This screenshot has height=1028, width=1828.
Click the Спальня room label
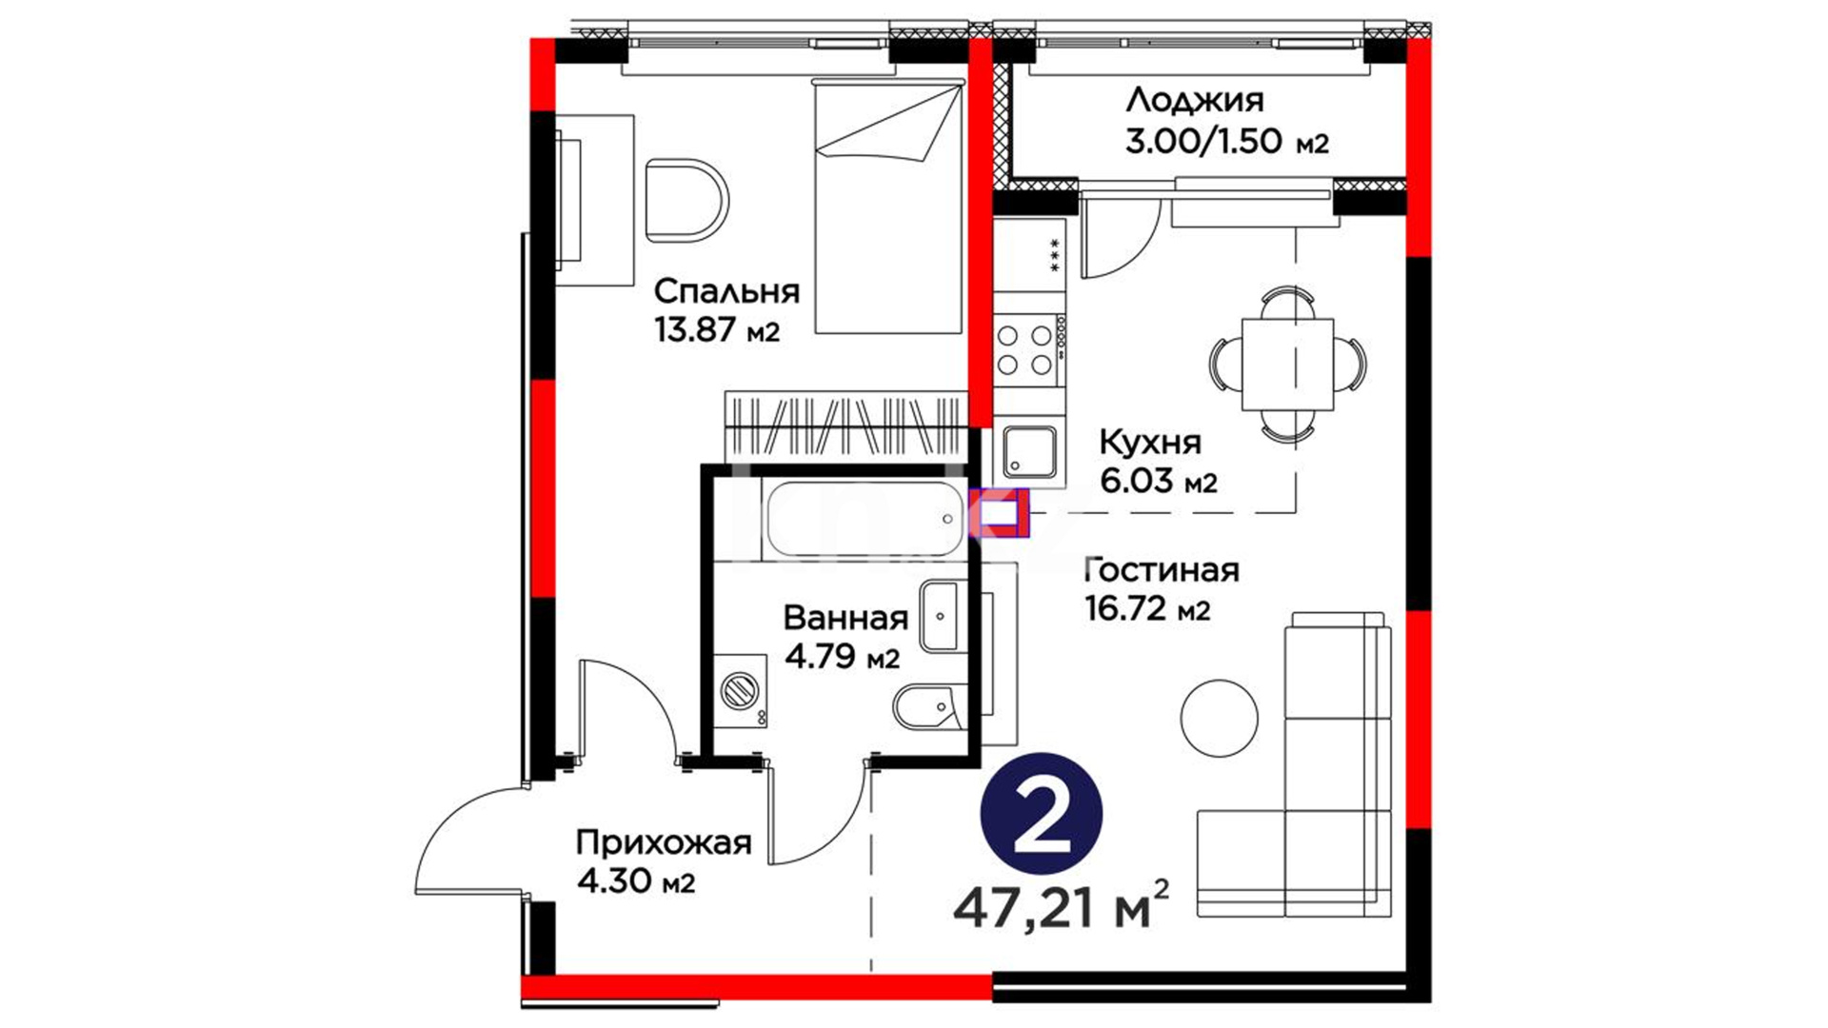(727, 291)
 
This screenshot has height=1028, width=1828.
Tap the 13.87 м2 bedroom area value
(717, 331)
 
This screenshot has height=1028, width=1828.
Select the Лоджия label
(1194, 101)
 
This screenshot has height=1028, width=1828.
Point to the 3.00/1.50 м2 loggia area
(1226, 142)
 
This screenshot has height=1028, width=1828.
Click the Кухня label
(1150, 442)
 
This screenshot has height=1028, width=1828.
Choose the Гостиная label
(1162, 570)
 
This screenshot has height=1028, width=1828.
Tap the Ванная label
(845, 619)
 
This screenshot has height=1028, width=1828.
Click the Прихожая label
(664, 843)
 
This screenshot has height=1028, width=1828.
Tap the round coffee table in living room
(1220, 717)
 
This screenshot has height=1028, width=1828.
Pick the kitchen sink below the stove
(1029, 451)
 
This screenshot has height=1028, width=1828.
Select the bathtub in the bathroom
(864, 520)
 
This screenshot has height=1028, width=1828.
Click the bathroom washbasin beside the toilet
(940, 616)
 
